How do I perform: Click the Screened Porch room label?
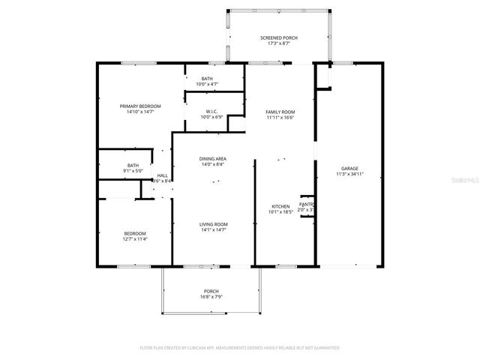point(279,37)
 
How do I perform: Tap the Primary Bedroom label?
point(136,106)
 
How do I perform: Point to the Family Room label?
point(280,112)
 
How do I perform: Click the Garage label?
point(349,168)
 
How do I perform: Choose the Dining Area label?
point(213,159)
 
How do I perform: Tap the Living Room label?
point(213,224)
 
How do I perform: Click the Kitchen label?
point(280,206)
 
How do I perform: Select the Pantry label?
point(306,204)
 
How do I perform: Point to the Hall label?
point(162,175)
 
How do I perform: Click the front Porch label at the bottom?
point(211,291)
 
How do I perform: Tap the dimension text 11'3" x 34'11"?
point(349,174)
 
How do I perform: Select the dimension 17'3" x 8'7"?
point(279,43)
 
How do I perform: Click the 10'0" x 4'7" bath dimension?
point(207,84)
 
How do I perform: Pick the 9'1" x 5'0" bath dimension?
point(133,171)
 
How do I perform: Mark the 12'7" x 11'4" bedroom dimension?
point(135,239)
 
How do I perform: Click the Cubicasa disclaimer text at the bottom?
point(240,347)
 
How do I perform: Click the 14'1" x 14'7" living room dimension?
point(213,230)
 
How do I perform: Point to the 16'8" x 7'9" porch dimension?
point(211,297)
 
